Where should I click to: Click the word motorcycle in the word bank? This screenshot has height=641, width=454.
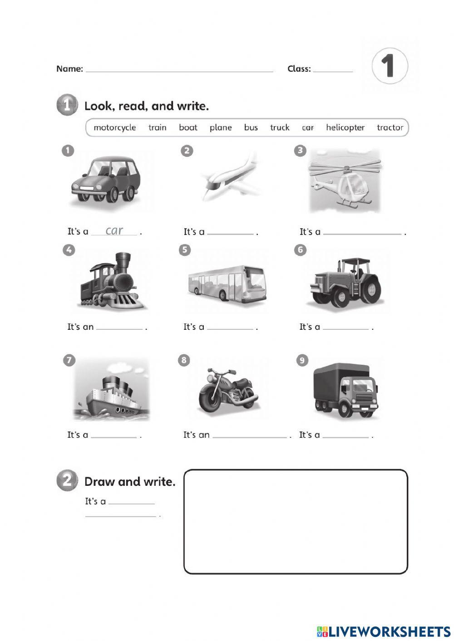[x=114, y=127]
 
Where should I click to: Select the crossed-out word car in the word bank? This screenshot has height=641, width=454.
[x=308, y=127]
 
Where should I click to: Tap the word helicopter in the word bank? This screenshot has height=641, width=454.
[x=345, y=127]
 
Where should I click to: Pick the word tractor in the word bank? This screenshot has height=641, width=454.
[x=390, y=127]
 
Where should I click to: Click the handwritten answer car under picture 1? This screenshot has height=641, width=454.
[x=114, y=230]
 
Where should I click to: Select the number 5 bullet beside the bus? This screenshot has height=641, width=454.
[x=184, y=250]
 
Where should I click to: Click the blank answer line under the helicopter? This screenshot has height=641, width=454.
[x=362, y=233]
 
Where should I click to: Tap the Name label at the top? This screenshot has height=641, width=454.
[x=69, y=69]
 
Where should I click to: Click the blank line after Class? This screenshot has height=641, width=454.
[x=333, y=71]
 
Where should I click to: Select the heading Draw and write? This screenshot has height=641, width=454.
[x=130, y=482]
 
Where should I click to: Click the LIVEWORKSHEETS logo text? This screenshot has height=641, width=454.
[x=390, y=631]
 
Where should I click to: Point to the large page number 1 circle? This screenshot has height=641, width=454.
[x=389, y=66]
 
